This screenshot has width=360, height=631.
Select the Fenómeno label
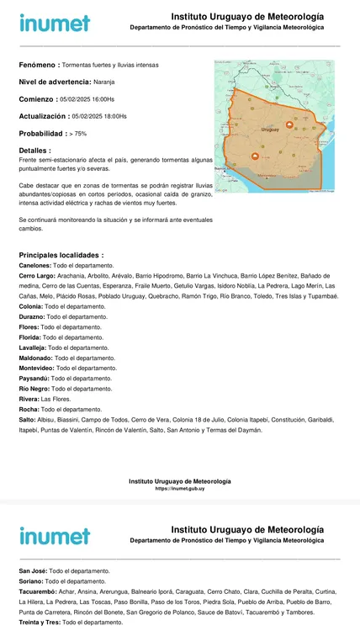pos(39,65)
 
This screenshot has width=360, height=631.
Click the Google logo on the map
pos(221,190)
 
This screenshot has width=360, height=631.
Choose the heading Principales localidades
pos(61,254)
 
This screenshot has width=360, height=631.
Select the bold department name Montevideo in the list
pos(40,369)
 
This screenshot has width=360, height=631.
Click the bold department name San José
pos(35,570)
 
